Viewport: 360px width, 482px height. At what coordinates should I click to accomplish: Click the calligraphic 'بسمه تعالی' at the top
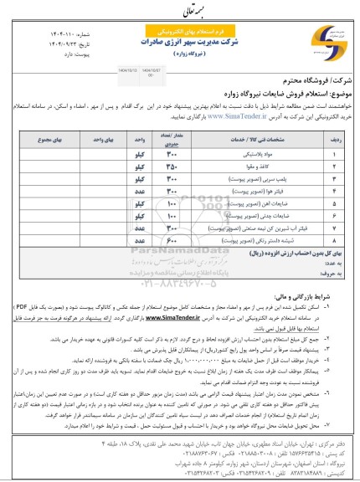click(x=179, y=10)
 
